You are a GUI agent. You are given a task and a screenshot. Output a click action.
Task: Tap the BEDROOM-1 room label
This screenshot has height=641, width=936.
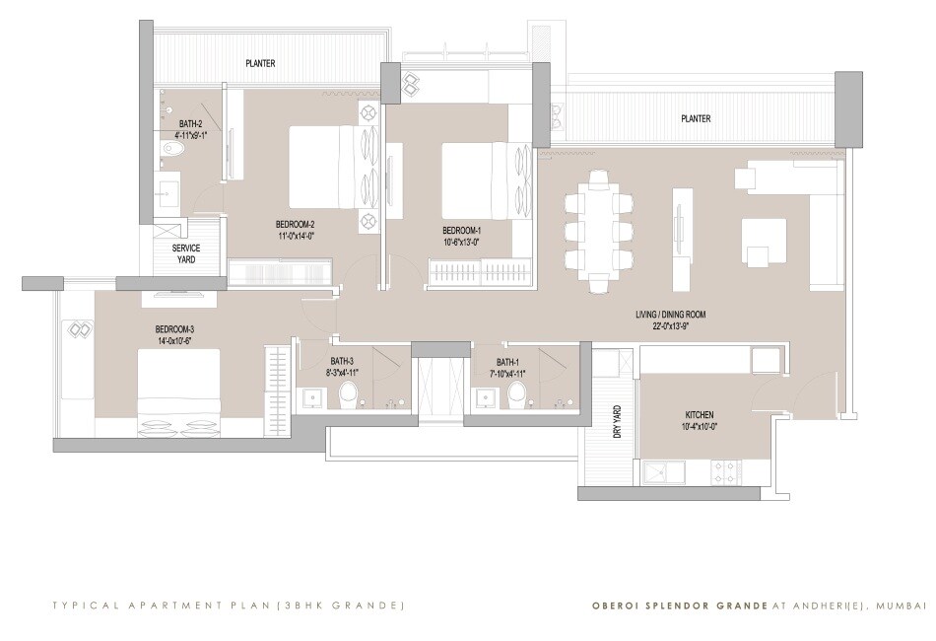tap(462, 230)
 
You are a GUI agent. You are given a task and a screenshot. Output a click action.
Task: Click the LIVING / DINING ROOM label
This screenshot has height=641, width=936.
tap(670, 316)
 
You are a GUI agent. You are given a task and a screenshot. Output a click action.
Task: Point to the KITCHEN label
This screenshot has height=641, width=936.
tap(700, 415)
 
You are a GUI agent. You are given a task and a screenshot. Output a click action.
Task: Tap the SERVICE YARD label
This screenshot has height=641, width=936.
tap(186, 253)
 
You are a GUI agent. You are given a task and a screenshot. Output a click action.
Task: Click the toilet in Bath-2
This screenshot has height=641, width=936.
tap(172, 150)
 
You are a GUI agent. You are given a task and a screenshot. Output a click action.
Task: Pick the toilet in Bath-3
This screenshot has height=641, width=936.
tap(349, 394)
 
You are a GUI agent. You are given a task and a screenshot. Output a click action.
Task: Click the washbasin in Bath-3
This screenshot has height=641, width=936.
tap(313, 396)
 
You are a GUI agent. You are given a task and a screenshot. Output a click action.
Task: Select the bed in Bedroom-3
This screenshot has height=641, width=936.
tap(178, 392)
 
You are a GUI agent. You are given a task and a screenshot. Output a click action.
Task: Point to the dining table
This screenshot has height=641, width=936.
tap(598, 232)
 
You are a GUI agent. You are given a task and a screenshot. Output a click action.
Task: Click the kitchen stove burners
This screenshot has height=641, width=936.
tap(738, 470)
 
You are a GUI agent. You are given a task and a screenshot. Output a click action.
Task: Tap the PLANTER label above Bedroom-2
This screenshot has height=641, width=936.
tap(260, 64)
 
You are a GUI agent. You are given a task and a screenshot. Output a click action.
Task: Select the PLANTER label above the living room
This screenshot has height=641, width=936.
tap(696, 118)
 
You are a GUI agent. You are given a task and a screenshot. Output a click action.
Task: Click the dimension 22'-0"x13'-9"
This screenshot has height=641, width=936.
tap(670, 327)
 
